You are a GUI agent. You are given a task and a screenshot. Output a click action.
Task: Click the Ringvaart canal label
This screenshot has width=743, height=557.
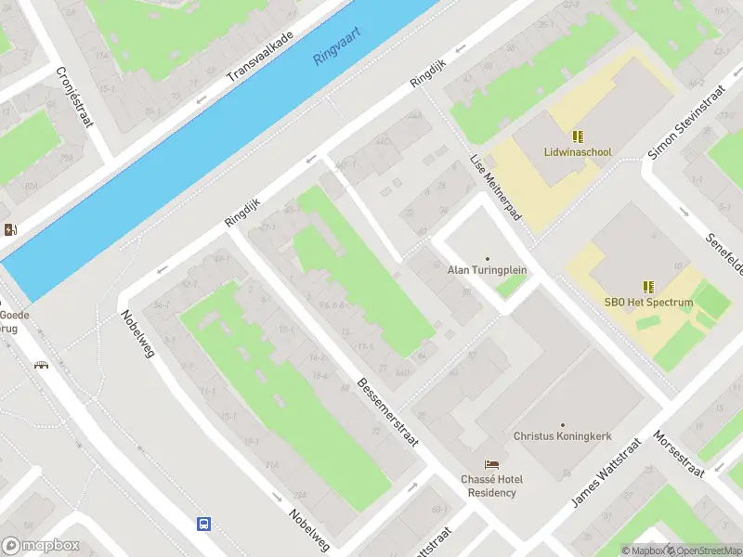pos(336,45)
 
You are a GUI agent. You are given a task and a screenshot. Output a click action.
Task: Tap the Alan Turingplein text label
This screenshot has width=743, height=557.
pos(487,270)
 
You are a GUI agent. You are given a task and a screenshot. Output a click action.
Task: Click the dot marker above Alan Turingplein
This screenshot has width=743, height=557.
pos(487,258)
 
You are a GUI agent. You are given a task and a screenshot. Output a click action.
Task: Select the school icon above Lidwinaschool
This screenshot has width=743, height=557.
pos(578,136)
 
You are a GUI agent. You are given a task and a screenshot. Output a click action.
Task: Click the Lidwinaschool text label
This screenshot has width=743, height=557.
pos(578,152)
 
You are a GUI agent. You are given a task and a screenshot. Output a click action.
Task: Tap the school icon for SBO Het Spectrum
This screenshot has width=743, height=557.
pos(649,287)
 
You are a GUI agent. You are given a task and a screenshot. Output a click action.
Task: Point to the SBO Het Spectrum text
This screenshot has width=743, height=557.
pos(649,303)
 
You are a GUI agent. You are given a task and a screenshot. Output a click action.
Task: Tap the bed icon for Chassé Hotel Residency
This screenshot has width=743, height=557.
pos(490,464)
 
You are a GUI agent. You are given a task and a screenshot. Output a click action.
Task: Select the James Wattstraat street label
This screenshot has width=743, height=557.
pos(606,473)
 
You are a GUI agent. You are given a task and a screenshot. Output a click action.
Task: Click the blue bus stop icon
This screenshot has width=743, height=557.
pos(203,524)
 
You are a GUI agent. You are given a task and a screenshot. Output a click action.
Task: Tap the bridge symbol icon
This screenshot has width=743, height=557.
pos(41,365)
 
